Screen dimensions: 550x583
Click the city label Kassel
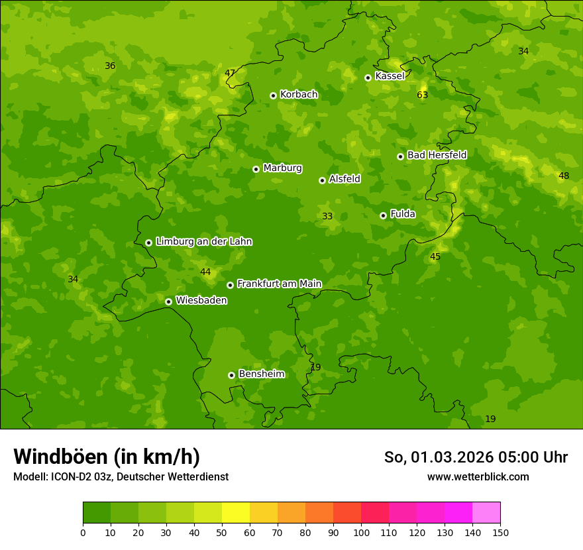(390, 76)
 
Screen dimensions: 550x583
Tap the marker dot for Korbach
(273, 95)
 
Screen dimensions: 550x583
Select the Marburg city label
(282, 168)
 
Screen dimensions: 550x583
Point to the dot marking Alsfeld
(322, 180)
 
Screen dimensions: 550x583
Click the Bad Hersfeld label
(437, 155)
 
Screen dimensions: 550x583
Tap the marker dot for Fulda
(383, 215)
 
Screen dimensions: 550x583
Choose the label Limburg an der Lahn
(203, 242)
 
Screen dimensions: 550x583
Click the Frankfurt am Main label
(279, 284)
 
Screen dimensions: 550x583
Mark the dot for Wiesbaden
(168, 302)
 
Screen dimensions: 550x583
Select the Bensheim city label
(261, 374)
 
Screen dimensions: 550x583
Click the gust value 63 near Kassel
(423, 95)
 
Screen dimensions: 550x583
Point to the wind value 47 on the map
(230, 73)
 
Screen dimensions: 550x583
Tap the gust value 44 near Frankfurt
(205, 272)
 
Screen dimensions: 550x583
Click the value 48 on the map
(564, 176)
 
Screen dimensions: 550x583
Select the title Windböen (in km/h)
(107, 457)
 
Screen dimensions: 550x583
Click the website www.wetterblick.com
(478, 476)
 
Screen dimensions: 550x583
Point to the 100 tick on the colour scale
(361, 532)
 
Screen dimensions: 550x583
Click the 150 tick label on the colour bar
(500, 532)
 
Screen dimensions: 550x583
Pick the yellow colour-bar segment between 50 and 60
(236, 512)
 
